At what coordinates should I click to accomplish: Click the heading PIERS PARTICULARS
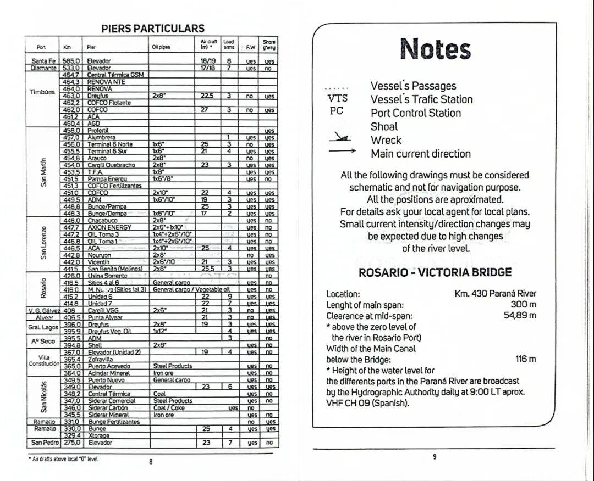(x=153, y=29)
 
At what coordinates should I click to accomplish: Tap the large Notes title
(x=435, y=49)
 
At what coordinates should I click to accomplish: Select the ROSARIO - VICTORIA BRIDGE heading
(x=435, y=272)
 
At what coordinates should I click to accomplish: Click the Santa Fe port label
(x=43, y=61)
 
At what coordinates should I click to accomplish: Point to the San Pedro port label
(x=45, y=443)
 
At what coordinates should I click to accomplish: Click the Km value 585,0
(x=71, y=61)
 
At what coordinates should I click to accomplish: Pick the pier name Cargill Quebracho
(x=111, y=165)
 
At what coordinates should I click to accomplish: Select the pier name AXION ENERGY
(x=109, y=227)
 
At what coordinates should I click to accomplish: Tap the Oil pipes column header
(x=161, y=47)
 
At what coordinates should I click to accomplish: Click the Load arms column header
(x=229, y=44)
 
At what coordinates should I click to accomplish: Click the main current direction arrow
(x=342, y=151)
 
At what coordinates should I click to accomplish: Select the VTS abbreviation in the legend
(x=338, y=99)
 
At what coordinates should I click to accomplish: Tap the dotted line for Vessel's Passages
(x=337, y=88)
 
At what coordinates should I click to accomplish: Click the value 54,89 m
(x=520, y=315)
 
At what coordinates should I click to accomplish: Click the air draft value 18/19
(x=207, y=61)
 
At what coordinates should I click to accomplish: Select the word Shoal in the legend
(x=384, y=126)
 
